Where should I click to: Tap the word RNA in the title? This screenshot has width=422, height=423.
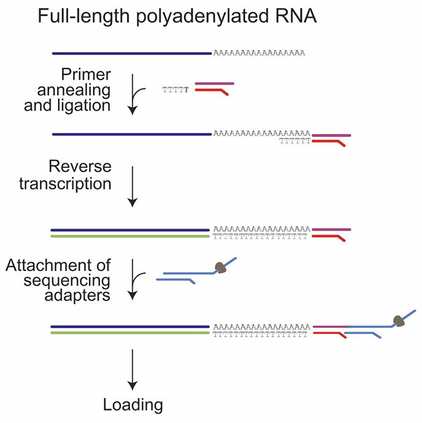[296, 16]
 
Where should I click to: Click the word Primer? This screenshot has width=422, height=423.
[86, 74]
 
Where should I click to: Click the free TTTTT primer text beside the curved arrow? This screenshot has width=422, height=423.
[175, 90]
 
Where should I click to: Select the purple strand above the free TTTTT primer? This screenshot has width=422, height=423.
[215, 83]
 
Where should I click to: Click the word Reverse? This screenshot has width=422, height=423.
[80, 166]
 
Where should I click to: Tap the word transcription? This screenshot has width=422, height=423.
[66, 184]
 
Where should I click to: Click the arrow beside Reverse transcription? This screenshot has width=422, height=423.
[132, 186]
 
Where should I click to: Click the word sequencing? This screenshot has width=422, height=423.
[67, 281]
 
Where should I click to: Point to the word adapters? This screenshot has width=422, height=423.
[77, 295]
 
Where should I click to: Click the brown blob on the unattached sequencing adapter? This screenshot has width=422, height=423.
[221, 267]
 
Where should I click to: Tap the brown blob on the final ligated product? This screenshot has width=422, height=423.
[399, 321]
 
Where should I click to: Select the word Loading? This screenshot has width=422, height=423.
[133, 405]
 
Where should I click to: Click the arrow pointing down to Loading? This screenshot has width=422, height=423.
[132, 370]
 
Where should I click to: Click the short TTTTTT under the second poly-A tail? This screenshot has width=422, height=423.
[295, 141]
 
